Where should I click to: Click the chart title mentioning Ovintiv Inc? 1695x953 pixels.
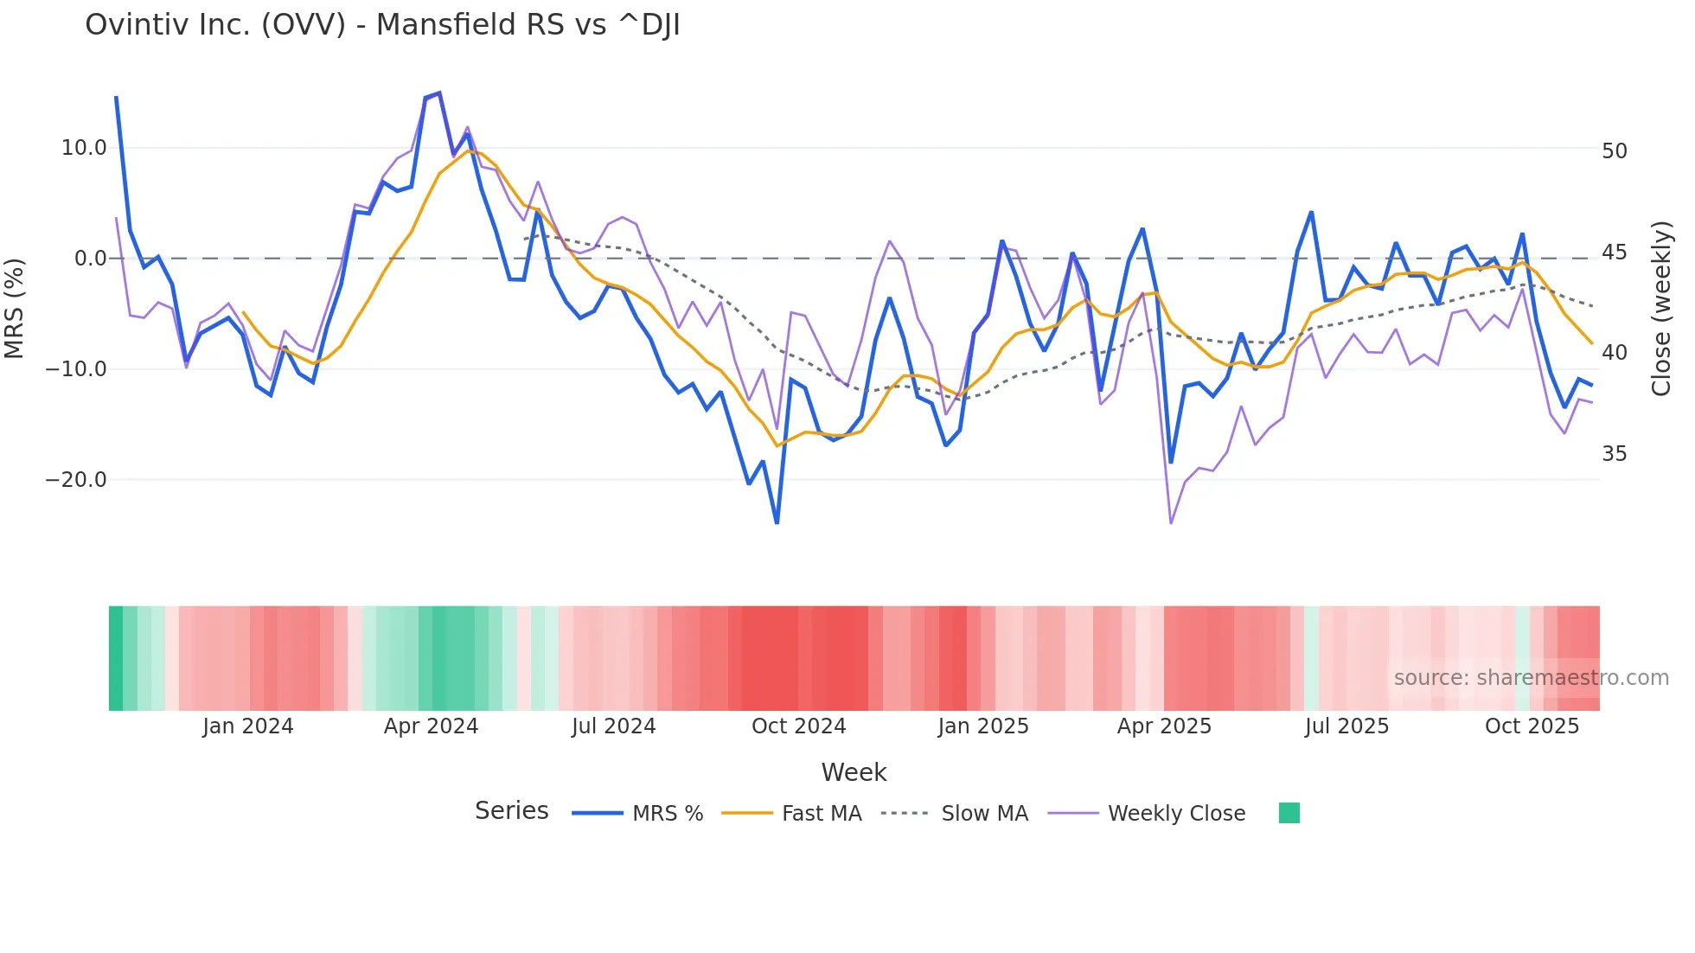click(x=382, y=25)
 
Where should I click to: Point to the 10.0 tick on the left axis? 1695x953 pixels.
click(x=84, y=148)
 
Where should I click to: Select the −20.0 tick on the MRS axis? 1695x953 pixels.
click(x=76, y=480)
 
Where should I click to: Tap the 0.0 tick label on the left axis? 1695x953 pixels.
click(x=91, y=259)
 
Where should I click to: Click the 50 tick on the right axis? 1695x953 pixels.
click(x=1614, y=151)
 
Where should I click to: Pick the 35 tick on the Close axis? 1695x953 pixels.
click(x=1614, y=454)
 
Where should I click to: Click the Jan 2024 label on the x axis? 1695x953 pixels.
click(x=248, y=726)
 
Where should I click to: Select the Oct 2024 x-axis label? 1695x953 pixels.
click(x=798, y=726)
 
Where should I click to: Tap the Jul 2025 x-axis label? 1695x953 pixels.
click(x=1346, y=726)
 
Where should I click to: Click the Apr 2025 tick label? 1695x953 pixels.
click(x=1164, y=726)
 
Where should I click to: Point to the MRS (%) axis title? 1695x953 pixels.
click(x=15, y=308)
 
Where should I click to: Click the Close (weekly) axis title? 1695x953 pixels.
click(x=1660, y=309)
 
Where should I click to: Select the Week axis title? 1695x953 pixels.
click(x=854, y=772)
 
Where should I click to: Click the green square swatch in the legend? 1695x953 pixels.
click(x=1289, y=813)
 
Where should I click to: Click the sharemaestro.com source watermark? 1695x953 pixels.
click(x=1531, y=678)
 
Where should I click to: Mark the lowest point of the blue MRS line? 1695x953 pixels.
click(x=777, y=523)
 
